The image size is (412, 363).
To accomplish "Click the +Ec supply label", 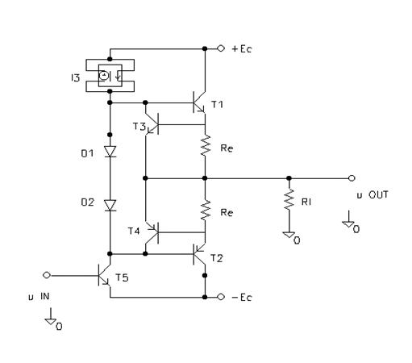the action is pyautogui.click(x=242, y=49).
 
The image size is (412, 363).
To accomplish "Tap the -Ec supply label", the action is pyautogui.click(x=242, y=298).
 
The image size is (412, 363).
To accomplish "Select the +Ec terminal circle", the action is pyautogui.click(x=221, y=48).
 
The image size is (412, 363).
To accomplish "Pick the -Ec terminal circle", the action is pyautogui.click(x=221, y=297).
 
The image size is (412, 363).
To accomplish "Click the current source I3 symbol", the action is pyautogui.click(x=110, y=76).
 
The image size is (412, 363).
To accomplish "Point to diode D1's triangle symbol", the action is pyautogui.click(x=110, y=152).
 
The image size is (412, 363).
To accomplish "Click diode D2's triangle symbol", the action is pyautogui.click(x=110, y=206).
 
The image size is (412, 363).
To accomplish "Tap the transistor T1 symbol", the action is pyautogui.click(x=198, y=102).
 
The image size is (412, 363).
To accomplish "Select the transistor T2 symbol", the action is pyautogui.click(x=198, y=254).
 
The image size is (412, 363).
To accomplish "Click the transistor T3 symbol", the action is pyautogui.click(x=152, y=124).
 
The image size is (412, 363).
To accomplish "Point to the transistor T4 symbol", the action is pyautogui.click(x=152, y=232).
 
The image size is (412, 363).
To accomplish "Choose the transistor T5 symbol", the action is pyautogui.click(x=104, y=275).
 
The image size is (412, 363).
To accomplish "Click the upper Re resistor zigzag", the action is pyautogui.click(x=206, y=146).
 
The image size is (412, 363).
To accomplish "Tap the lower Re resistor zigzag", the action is pyautogui.click(x=206, y=211).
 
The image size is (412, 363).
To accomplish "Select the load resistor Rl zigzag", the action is pyautogui.click(x=289, y=199).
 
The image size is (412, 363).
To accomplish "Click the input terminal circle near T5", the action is pyautogui.click(x=47, y=275).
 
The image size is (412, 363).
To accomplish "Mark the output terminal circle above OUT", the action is pyautogui.click(x=352, y=178).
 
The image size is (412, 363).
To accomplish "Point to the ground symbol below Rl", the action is pyautogui.click(x=289, y=235).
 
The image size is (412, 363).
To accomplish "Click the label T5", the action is pyautogui.click(x=122, y=277).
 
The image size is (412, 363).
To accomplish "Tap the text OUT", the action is pyautogui.click(x=378, y=194).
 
